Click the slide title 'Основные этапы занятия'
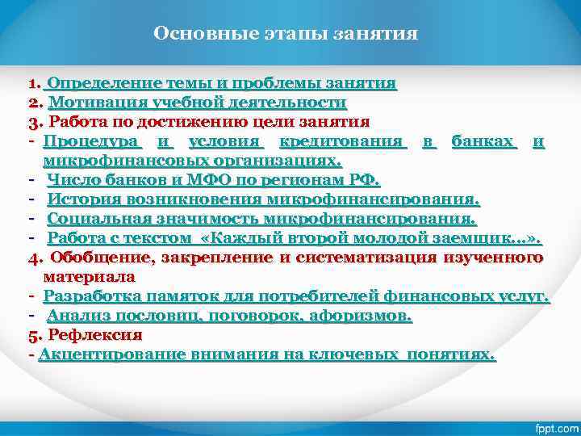pos(286,34)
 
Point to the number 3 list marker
pos(33,123)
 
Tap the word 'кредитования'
pos(341,142)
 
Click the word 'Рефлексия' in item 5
pos(95,335)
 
